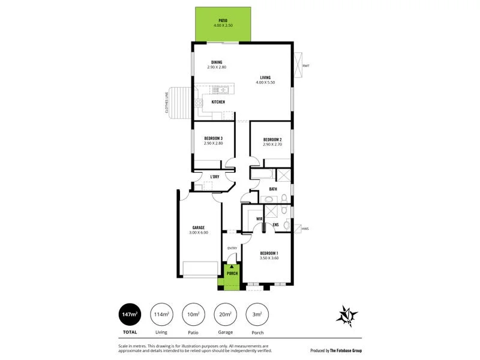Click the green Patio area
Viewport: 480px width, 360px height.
coord(223,25)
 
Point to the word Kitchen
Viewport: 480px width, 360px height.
coord(218,103)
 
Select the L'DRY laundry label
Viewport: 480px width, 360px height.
coord(214,177)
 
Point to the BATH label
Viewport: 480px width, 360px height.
coord(273,190)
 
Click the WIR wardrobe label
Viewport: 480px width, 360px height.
coord(259,219)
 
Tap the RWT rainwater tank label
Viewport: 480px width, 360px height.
coord(306,65)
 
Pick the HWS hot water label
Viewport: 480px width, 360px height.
coord(305,229)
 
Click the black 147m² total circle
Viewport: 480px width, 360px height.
coord(130,314)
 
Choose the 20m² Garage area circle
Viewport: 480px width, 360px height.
coord(226,314)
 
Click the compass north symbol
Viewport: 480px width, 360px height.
coord(347,316)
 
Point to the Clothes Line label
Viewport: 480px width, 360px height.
coord(166,103)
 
